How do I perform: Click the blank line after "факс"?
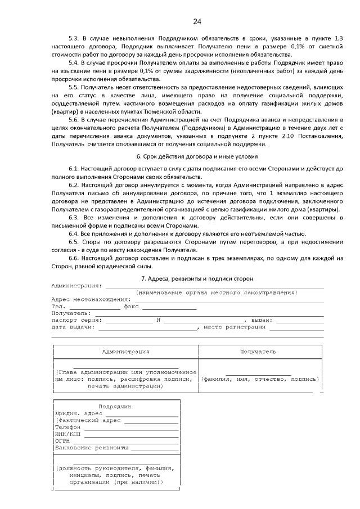169,307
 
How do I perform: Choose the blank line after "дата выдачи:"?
146,327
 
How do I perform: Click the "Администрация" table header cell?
125,352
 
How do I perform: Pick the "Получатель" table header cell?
258,352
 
